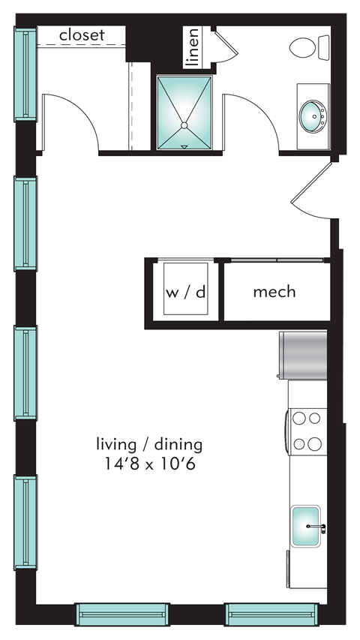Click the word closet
click(x=82, y=35)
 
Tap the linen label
click(x=192, y=47)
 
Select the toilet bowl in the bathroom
click(x=302, y=47)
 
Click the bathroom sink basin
click(x=313, y=116)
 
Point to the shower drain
click(x=184, y=125)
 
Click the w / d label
click(x=186, y=293)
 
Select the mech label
click(x=274, y=292)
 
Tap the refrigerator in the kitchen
click(x=302, y=355)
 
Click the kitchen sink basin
click(x=305, y=526)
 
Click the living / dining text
click(x=149, y=444)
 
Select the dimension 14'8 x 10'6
click(x=149, y=464)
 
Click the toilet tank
click(x=324, y=47)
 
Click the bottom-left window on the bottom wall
click(x=122, y=614)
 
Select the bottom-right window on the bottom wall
click(x=271, y=614)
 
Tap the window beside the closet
click(x=25, y=74)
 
